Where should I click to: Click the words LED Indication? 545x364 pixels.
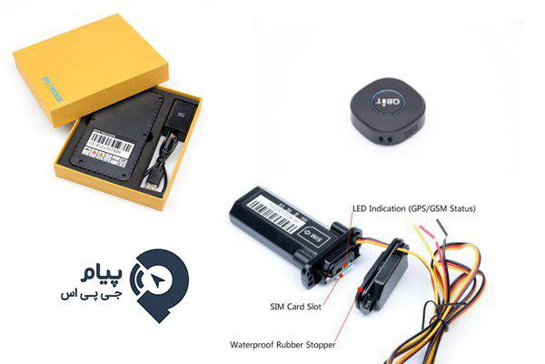pyautogui.click(x=380, y=208)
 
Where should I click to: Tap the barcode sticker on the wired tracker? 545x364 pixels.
pyautogui.click(x=272, y=208)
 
